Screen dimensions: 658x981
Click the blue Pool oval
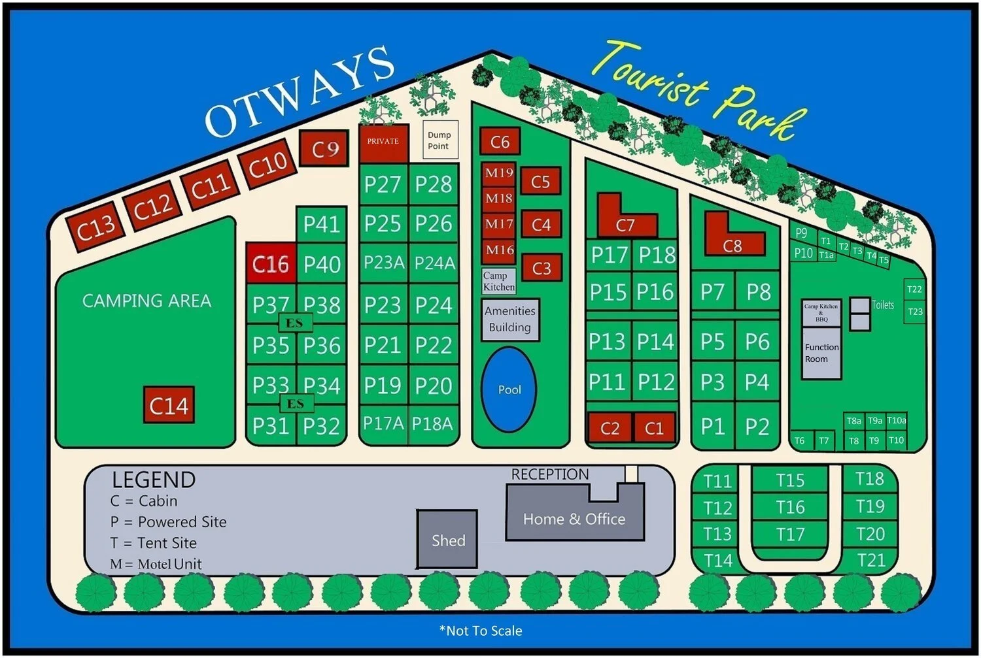coord(509,389)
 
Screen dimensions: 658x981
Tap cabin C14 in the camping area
coord(169,405)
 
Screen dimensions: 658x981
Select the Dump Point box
coord(439,140)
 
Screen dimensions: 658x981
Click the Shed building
coord(448,540)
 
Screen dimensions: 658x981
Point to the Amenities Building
coord(510,320)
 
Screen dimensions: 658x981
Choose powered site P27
coord(383,184)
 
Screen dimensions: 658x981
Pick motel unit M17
coord(499,224)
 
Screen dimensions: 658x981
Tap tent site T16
coord(790,507)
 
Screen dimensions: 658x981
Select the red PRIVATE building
coord(383,142)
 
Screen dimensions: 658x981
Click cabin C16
coord(271,264)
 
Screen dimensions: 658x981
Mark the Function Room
coord(821,354)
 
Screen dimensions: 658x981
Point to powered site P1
coord(713,426)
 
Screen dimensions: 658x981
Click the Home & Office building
coord(574,519)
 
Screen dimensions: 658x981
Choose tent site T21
coord(870,561)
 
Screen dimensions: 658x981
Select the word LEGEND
coord(154,480)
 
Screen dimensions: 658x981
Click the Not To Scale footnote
coord(481,631)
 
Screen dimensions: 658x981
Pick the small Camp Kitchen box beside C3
coord(499,281)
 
